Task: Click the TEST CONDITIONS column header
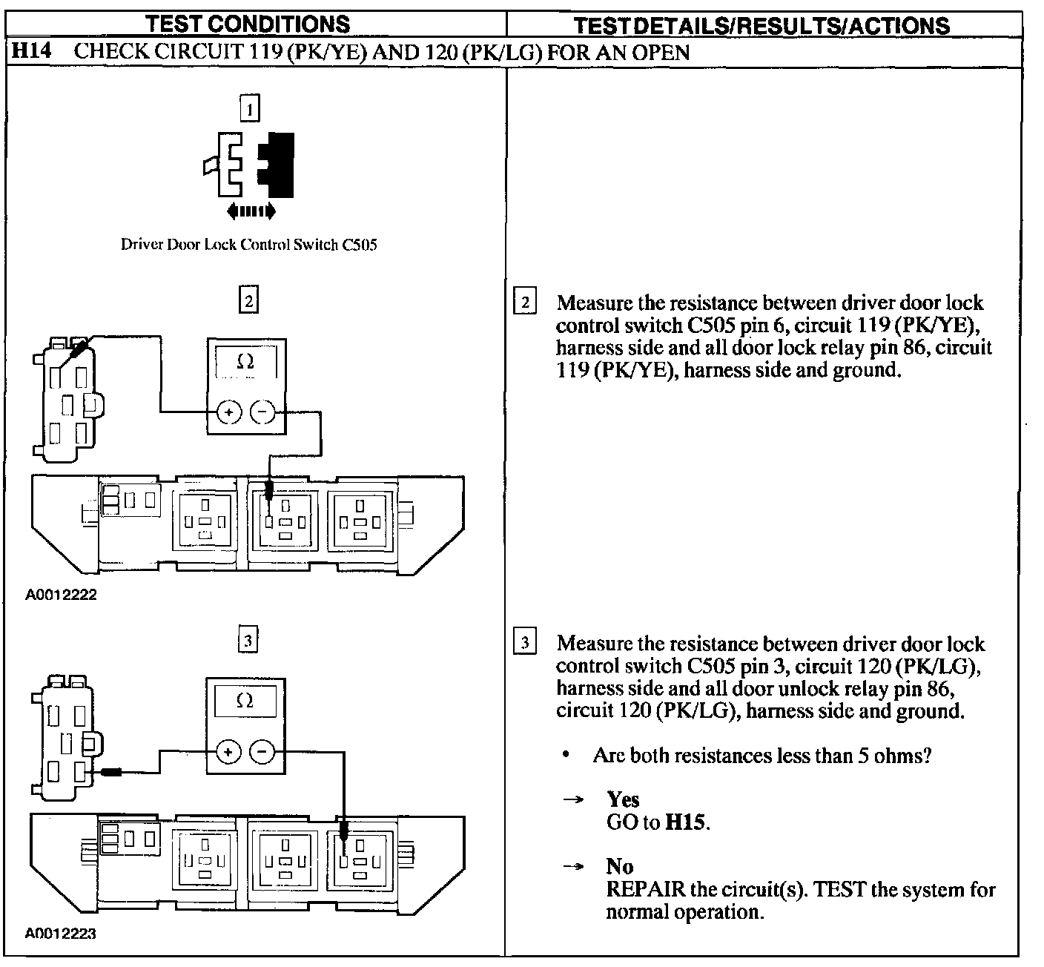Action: [x=248, y=24]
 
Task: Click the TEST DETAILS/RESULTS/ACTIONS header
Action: [x=762, y=25]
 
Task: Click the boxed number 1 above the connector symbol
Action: [x=250, y=110]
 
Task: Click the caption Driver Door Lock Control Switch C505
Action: [x=248, y=244]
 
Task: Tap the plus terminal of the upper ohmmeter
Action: [x=229, y=412]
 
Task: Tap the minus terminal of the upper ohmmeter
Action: [x=262, y=412]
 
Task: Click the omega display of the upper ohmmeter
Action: [x=246, y=363]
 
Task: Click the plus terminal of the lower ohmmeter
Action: [x=229, y=752]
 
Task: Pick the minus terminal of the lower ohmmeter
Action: [x=262, y=752]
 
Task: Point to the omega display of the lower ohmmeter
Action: [x=245, y=701]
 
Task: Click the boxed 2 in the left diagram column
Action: [x=248, y=301]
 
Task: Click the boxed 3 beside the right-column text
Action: [x=524, y=643]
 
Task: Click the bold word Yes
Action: [x=623, y=799]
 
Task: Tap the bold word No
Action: [x=619, y=866]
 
